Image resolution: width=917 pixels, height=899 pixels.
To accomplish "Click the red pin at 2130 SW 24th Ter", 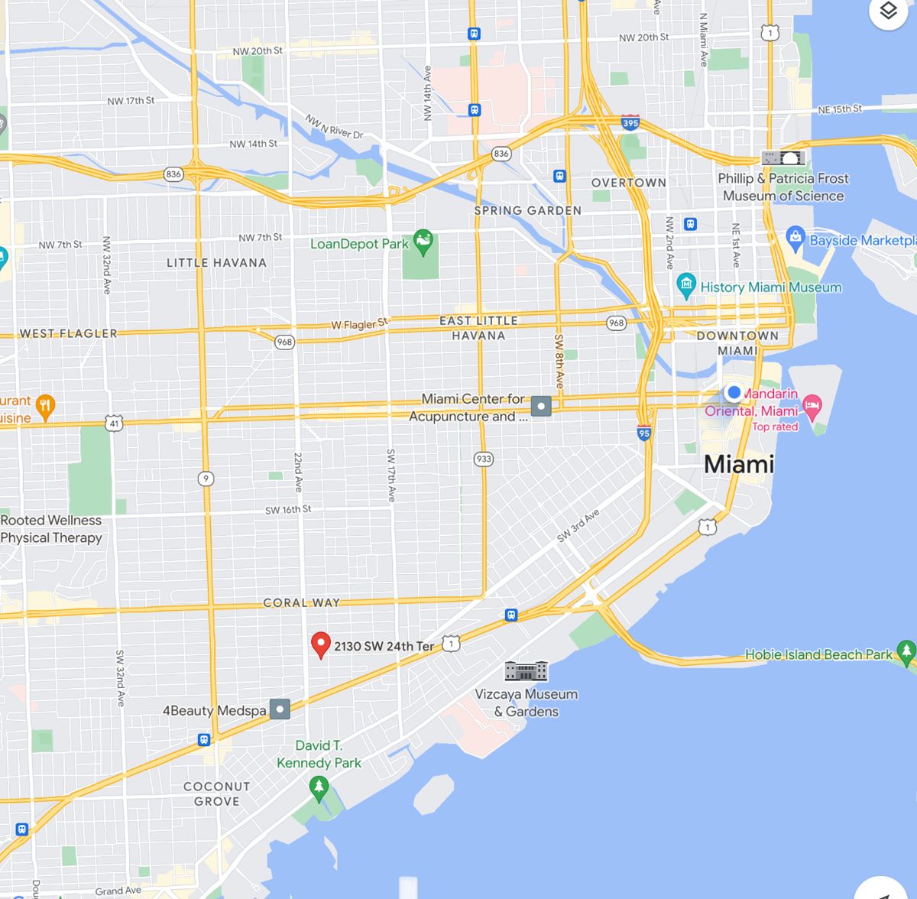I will pos(321,644).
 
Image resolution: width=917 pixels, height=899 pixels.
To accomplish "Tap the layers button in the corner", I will pos(887,12).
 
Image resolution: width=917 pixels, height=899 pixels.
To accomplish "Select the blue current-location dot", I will pos(734,392).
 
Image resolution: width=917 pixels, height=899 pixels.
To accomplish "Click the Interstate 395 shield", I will pos(630,122).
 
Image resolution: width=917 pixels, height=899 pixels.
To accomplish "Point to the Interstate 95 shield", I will pos(644,433).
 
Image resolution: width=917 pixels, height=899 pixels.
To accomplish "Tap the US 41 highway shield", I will pos(115,423).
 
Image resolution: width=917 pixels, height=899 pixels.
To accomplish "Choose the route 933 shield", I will pos(483,459).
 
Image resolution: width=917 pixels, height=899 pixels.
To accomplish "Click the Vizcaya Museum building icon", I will pos(526,671).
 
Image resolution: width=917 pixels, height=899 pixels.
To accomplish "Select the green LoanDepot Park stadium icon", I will pos(423,242).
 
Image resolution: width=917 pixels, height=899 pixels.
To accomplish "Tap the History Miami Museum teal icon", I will pos(686,286).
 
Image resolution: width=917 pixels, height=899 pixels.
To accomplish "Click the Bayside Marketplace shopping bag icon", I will pos(795,238).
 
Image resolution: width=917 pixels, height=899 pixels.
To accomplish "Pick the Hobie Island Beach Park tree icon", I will pos(906,651).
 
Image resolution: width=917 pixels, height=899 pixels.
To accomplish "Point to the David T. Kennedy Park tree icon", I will pos(319,787).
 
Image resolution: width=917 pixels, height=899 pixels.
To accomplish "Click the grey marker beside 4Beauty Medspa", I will pos(280,709).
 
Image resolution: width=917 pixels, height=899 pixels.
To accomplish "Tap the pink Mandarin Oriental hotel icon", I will pos(812,406).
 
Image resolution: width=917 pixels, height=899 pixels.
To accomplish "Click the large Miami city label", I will pos(738,464).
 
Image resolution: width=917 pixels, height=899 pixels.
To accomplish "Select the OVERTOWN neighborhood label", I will pos(628,183).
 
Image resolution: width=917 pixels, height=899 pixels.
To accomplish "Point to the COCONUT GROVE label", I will pos(216,794).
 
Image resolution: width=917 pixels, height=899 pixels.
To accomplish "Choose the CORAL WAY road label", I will pos(301,602).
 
